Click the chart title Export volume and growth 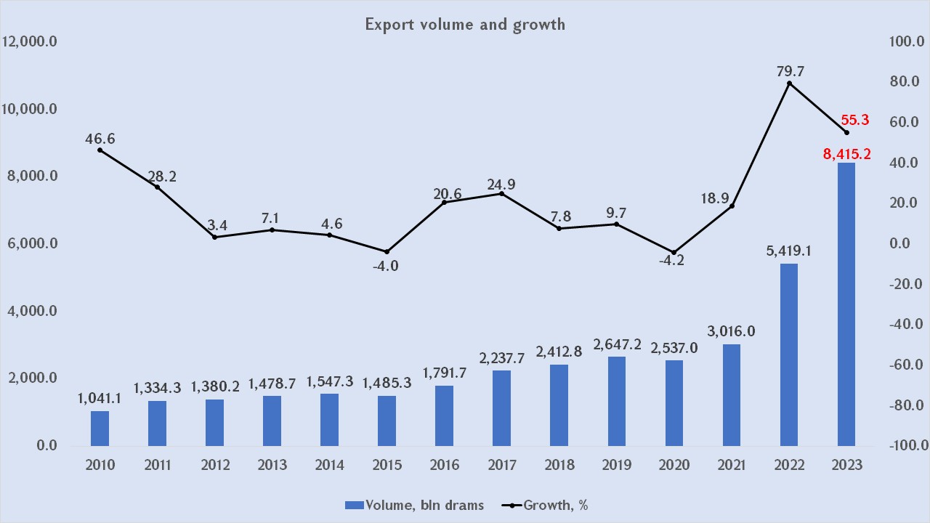(x=465, y=24)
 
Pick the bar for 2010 (x=100, y=428)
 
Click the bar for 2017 (x=502, y=408)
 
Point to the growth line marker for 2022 (x=789, y=84)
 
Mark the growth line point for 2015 (x=387, y=251)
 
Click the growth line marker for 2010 (x=100, y=150)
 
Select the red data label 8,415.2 (x=846, y=153)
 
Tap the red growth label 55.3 (x=855, y=121)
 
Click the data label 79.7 (x=790, y=71)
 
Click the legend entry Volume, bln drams (x=414, y=505)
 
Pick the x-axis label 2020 (x=674, y=466)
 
